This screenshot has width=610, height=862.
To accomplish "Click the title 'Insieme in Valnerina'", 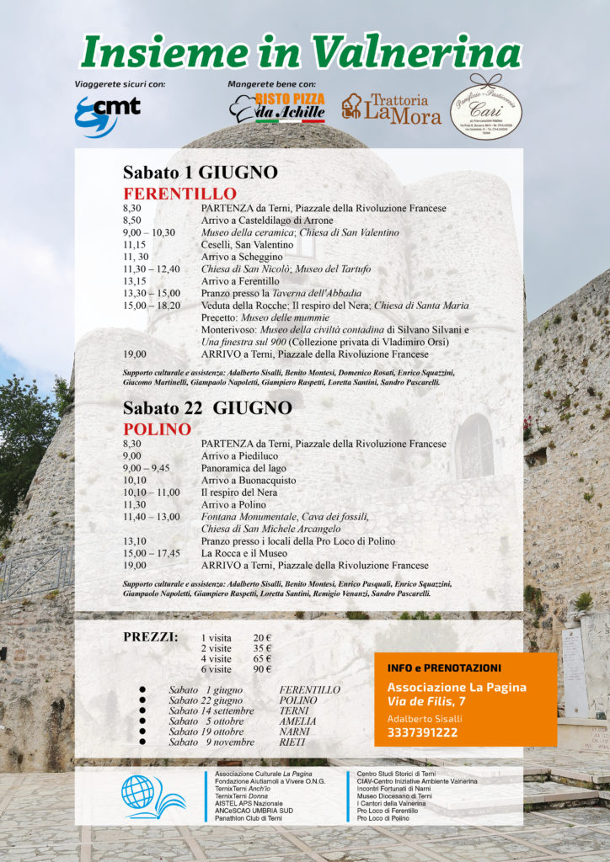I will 301,52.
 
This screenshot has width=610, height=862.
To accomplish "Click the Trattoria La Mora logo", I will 391,108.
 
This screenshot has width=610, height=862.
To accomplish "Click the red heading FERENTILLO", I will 168,194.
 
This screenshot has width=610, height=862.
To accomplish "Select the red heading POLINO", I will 157,429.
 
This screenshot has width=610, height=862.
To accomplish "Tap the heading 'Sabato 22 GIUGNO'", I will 206,408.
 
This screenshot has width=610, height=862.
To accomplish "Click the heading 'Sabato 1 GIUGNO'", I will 200,173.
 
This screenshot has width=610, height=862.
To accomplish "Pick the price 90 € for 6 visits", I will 262,669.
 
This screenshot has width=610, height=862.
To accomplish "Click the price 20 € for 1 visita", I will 262,637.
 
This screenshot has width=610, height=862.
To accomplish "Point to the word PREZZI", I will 150,636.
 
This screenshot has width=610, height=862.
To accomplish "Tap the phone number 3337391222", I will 422,732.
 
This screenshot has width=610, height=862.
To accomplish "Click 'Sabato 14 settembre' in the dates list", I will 210,710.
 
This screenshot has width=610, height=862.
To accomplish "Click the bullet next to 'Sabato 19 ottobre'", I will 142,732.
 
